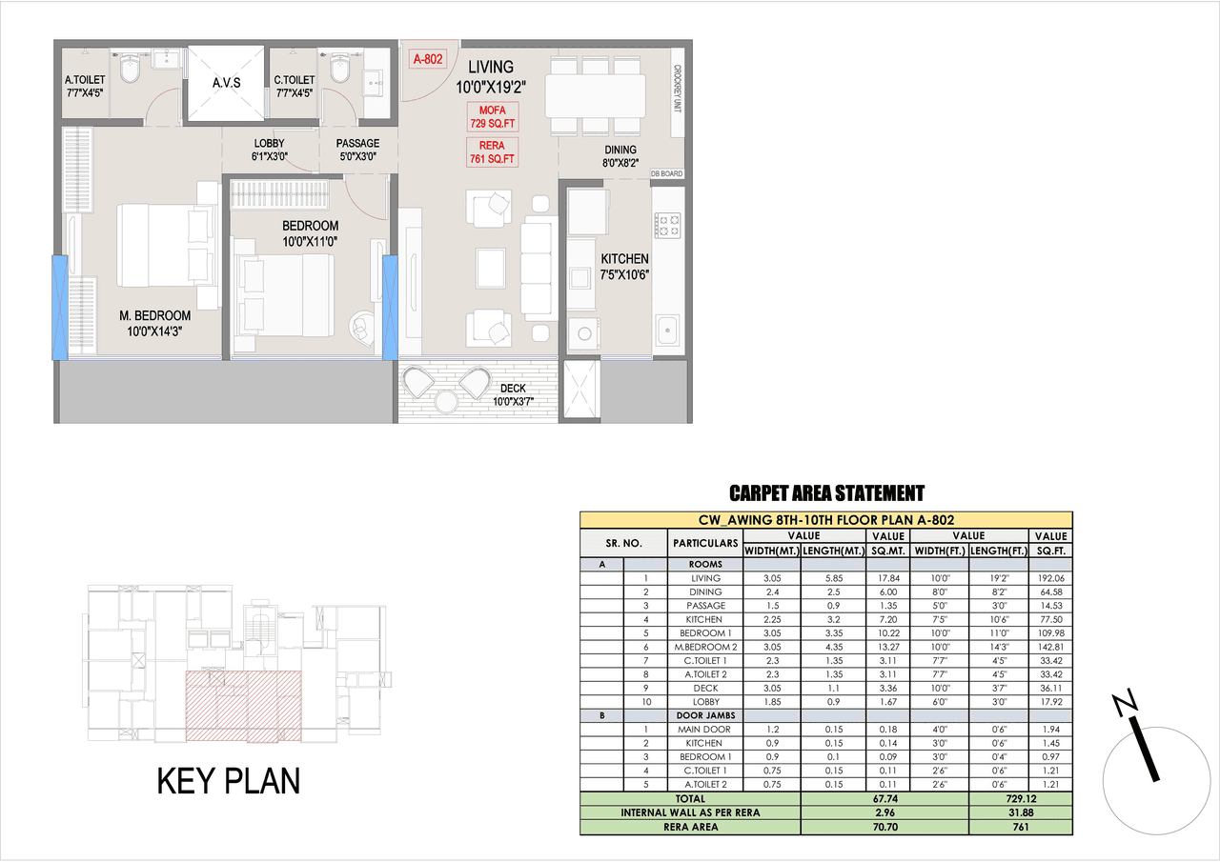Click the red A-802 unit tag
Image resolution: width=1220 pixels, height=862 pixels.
pyautogui.click(x=428, y=59)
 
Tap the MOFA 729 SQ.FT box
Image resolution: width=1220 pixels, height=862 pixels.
pyautogui.click(x=493, y=116)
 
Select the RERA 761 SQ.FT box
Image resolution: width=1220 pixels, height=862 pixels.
pyautogui.click(x=493, y=151)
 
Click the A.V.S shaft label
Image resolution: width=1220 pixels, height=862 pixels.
pyautogui.click(x=226, y=83)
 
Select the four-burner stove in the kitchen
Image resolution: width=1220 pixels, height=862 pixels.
pyautogui.click(x=666, y=225)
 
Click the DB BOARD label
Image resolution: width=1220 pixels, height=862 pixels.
pyautogui.click(x=666, y=174)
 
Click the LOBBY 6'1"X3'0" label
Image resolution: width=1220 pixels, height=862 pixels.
pyautogui.click(x=269, y=150)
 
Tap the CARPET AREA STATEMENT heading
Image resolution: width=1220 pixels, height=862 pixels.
pyautogui.click(x=826, y=493)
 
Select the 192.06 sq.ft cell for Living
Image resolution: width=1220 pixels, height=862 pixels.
pyautogui.click(x=1050, y=578)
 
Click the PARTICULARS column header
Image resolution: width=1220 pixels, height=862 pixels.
pyautogui.click(x=705, y=543)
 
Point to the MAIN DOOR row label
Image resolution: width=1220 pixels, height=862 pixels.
pyautogui.click(x=705, y=730)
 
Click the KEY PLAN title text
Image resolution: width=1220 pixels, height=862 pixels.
pyautogui.click(x=228, y=781)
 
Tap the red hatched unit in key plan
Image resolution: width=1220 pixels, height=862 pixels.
pyautogui.click(x=242, y=705)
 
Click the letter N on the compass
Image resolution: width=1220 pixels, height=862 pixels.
pyautogui.click(x=1126, y=704)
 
